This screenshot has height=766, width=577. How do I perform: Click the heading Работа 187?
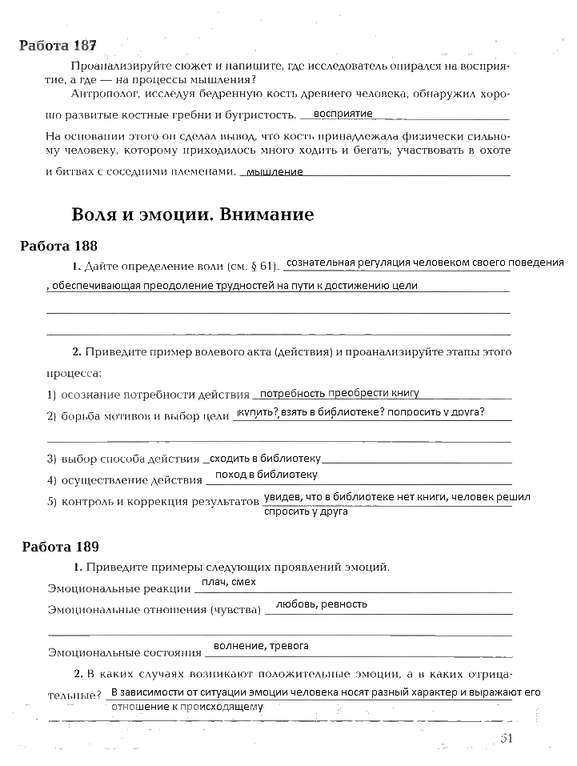[x=58, y=45]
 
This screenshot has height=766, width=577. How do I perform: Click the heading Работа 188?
[x=58, y=246]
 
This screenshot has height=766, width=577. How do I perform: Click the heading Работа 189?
[x=60, y=547]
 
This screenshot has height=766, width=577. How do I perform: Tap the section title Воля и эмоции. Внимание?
[x=192, y=215]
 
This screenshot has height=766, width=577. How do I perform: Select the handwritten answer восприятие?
[x=343, y=114]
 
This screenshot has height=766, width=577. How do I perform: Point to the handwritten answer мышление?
[x=274, y=171]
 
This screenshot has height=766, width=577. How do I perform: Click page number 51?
[x=505, y=739]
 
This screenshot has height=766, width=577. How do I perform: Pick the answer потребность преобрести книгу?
[x=339, y=393]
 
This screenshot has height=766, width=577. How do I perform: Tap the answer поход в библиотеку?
[x=266, y=475]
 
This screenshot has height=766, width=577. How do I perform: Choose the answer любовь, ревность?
[x=321, y=604]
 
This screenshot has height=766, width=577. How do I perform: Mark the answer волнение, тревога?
[x=261, y=645]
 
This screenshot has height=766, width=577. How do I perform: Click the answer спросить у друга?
[x=305, y=511]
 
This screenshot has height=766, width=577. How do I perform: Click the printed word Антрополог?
[x=100, y=94]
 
